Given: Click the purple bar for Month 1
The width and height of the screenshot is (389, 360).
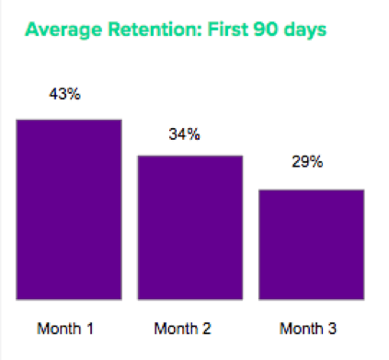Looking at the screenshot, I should pos(69,209).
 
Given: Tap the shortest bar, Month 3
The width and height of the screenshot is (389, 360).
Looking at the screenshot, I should pos(311,244).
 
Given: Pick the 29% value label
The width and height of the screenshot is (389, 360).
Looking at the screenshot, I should pos(308,162).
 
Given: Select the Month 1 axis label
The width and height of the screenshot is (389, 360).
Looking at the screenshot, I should pos(65,328).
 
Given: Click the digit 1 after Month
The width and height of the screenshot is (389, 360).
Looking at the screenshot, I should pos(90,328).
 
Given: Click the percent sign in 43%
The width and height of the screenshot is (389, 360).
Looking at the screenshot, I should pos(78,95).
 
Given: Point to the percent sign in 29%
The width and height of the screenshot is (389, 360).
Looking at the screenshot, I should pos(317,162).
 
